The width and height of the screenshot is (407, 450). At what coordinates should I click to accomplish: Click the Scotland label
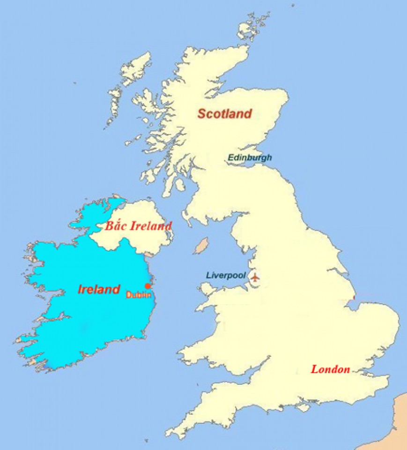click(224, 113)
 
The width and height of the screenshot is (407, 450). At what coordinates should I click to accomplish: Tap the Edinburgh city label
click(249, 158)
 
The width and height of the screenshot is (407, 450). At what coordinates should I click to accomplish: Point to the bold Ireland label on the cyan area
click(99, 290)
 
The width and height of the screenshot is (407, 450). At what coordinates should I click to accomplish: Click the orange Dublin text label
click(139, 295)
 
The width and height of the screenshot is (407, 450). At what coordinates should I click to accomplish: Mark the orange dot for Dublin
click(148, 286)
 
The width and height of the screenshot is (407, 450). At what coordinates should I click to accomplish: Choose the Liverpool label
click(226, 276)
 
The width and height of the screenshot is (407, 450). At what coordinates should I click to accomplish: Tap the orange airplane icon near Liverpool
click(254, 277)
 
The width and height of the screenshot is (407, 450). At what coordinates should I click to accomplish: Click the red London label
click(331, 369)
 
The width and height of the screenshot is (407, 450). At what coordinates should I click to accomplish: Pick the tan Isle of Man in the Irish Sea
click(201, 245)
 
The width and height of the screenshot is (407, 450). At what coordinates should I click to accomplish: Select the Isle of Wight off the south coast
click(303, 407)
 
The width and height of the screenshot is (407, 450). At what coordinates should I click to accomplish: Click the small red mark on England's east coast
click(354, 297)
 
